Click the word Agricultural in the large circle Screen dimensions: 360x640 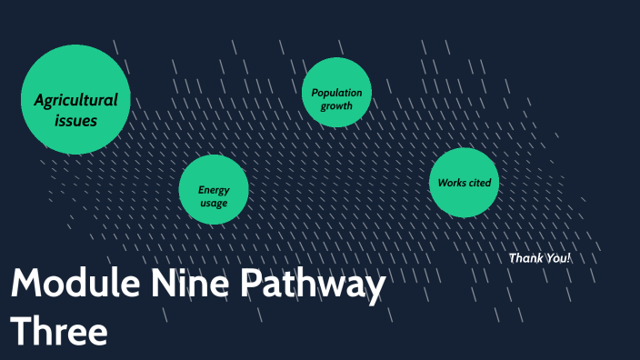[x=75, y=100]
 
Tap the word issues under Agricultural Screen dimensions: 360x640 [x=75, y=120]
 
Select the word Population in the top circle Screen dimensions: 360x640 [x=336, y=94]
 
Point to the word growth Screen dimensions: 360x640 [x=336, y=106]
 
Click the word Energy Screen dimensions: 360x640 [x=214, y=190]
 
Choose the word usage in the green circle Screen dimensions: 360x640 [x=214, y=203]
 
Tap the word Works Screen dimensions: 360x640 [x=452, y=183]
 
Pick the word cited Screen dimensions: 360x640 [x=479, y=183]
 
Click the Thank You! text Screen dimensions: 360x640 [x=540, y=258]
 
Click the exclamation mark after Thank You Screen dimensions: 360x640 [x=569, y=258]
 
